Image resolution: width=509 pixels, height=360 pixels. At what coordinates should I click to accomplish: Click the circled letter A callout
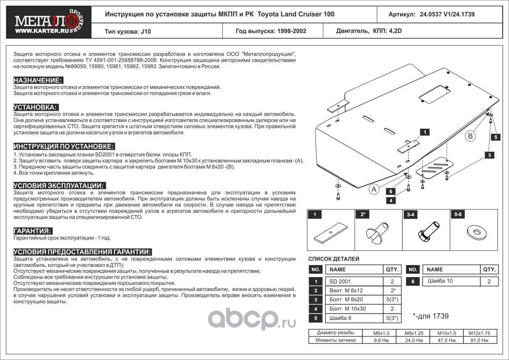tap(374, 190)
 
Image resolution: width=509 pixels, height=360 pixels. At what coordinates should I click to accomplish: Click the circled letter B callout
tap(470, 136)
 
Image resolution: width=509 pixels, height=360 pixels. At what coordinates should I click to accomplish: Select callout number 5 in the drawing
tap(495, 137)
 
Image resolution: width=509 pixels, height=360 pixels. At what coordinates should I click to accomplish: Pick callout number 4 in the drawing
tap(392, 200)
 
